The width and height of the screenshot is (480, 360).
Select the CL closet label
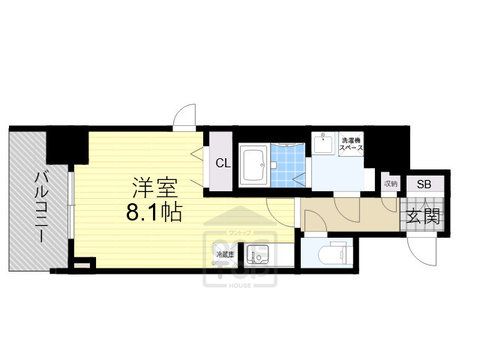pyautogui.click(x=223, y=163)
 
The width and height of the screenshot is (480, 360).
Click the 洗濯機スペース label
pyautogui.click(x=352, y=143)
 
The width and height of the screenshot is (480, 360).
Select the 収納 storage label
pyautogui.click(x=390, y=183)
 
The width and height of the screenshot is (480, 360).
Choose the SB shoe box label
pyautogui.click(x=424, y=184)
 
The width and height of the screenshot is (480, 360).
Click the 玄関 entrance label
pyautogui.click(x=423, y=217)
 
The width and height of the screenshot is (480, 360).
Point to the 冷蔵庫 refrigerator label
pyautogui.click(x=225, y=255)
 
